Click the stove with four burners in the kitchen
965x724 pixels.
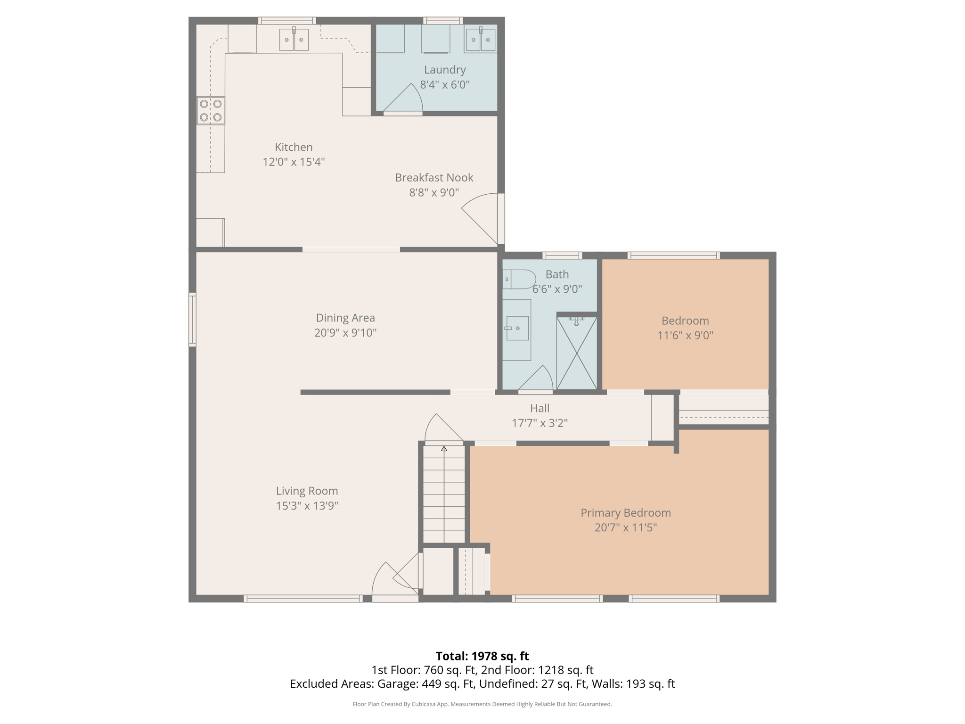coord(211,110)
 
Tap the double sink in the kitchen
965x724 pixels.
coord(294,40)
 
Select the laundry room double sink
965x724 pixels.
coord(480,40)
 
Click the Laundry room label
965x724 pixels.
coord(445,70)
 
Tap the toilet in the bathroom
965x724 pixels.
coord(518,279)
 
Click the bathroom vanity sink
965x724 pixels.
coord(517,328)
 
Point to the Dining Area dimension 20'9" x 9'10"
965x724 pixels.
coord(345,333)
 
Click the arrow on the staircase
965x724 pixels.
coord(444,449)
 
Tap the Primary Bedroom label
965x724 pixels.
coord(625,512)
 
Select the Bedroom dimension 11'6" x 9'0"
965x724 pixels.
coord(685,335)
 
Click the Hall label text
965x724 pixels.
coord(540,408)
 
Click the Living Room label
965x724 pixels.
coord(307,491)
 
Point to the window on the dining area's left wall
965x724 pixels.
coord(192,320)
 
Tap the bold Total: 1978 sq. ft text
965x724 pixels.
coord(482,656)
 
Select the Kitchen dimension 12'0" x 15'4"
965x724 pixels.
coord(294,162)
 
